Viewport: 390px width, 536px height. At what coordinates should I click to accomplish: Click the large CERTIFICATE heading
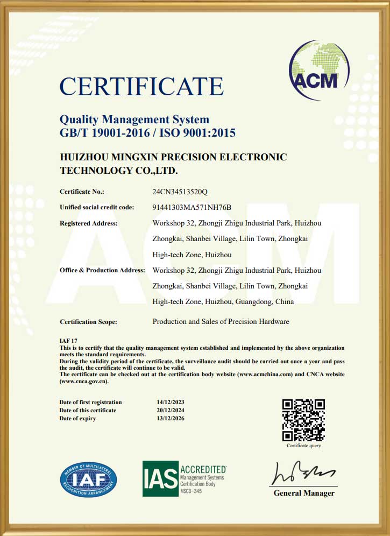pos(141,87)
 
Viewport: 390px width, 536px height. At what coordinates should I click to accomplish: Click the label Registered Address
pos(88,223)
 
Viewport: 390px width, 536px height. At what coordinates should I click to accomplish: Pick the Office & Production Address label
pos(102,270)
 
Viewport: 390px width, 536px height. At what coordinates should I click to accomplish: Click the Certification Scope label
pos(88,322)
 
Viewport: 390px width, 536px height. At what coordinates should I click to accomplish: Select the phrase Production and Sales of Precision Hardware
pos(221,321)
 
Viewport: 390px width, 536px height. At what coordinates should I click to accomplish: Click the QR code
pos(303,420)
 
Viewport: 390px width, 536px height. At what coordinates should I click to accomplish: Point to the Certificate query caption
pos(303,446)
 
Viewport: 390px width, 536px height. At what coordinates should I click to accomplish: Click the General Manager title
pos(304,493)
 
